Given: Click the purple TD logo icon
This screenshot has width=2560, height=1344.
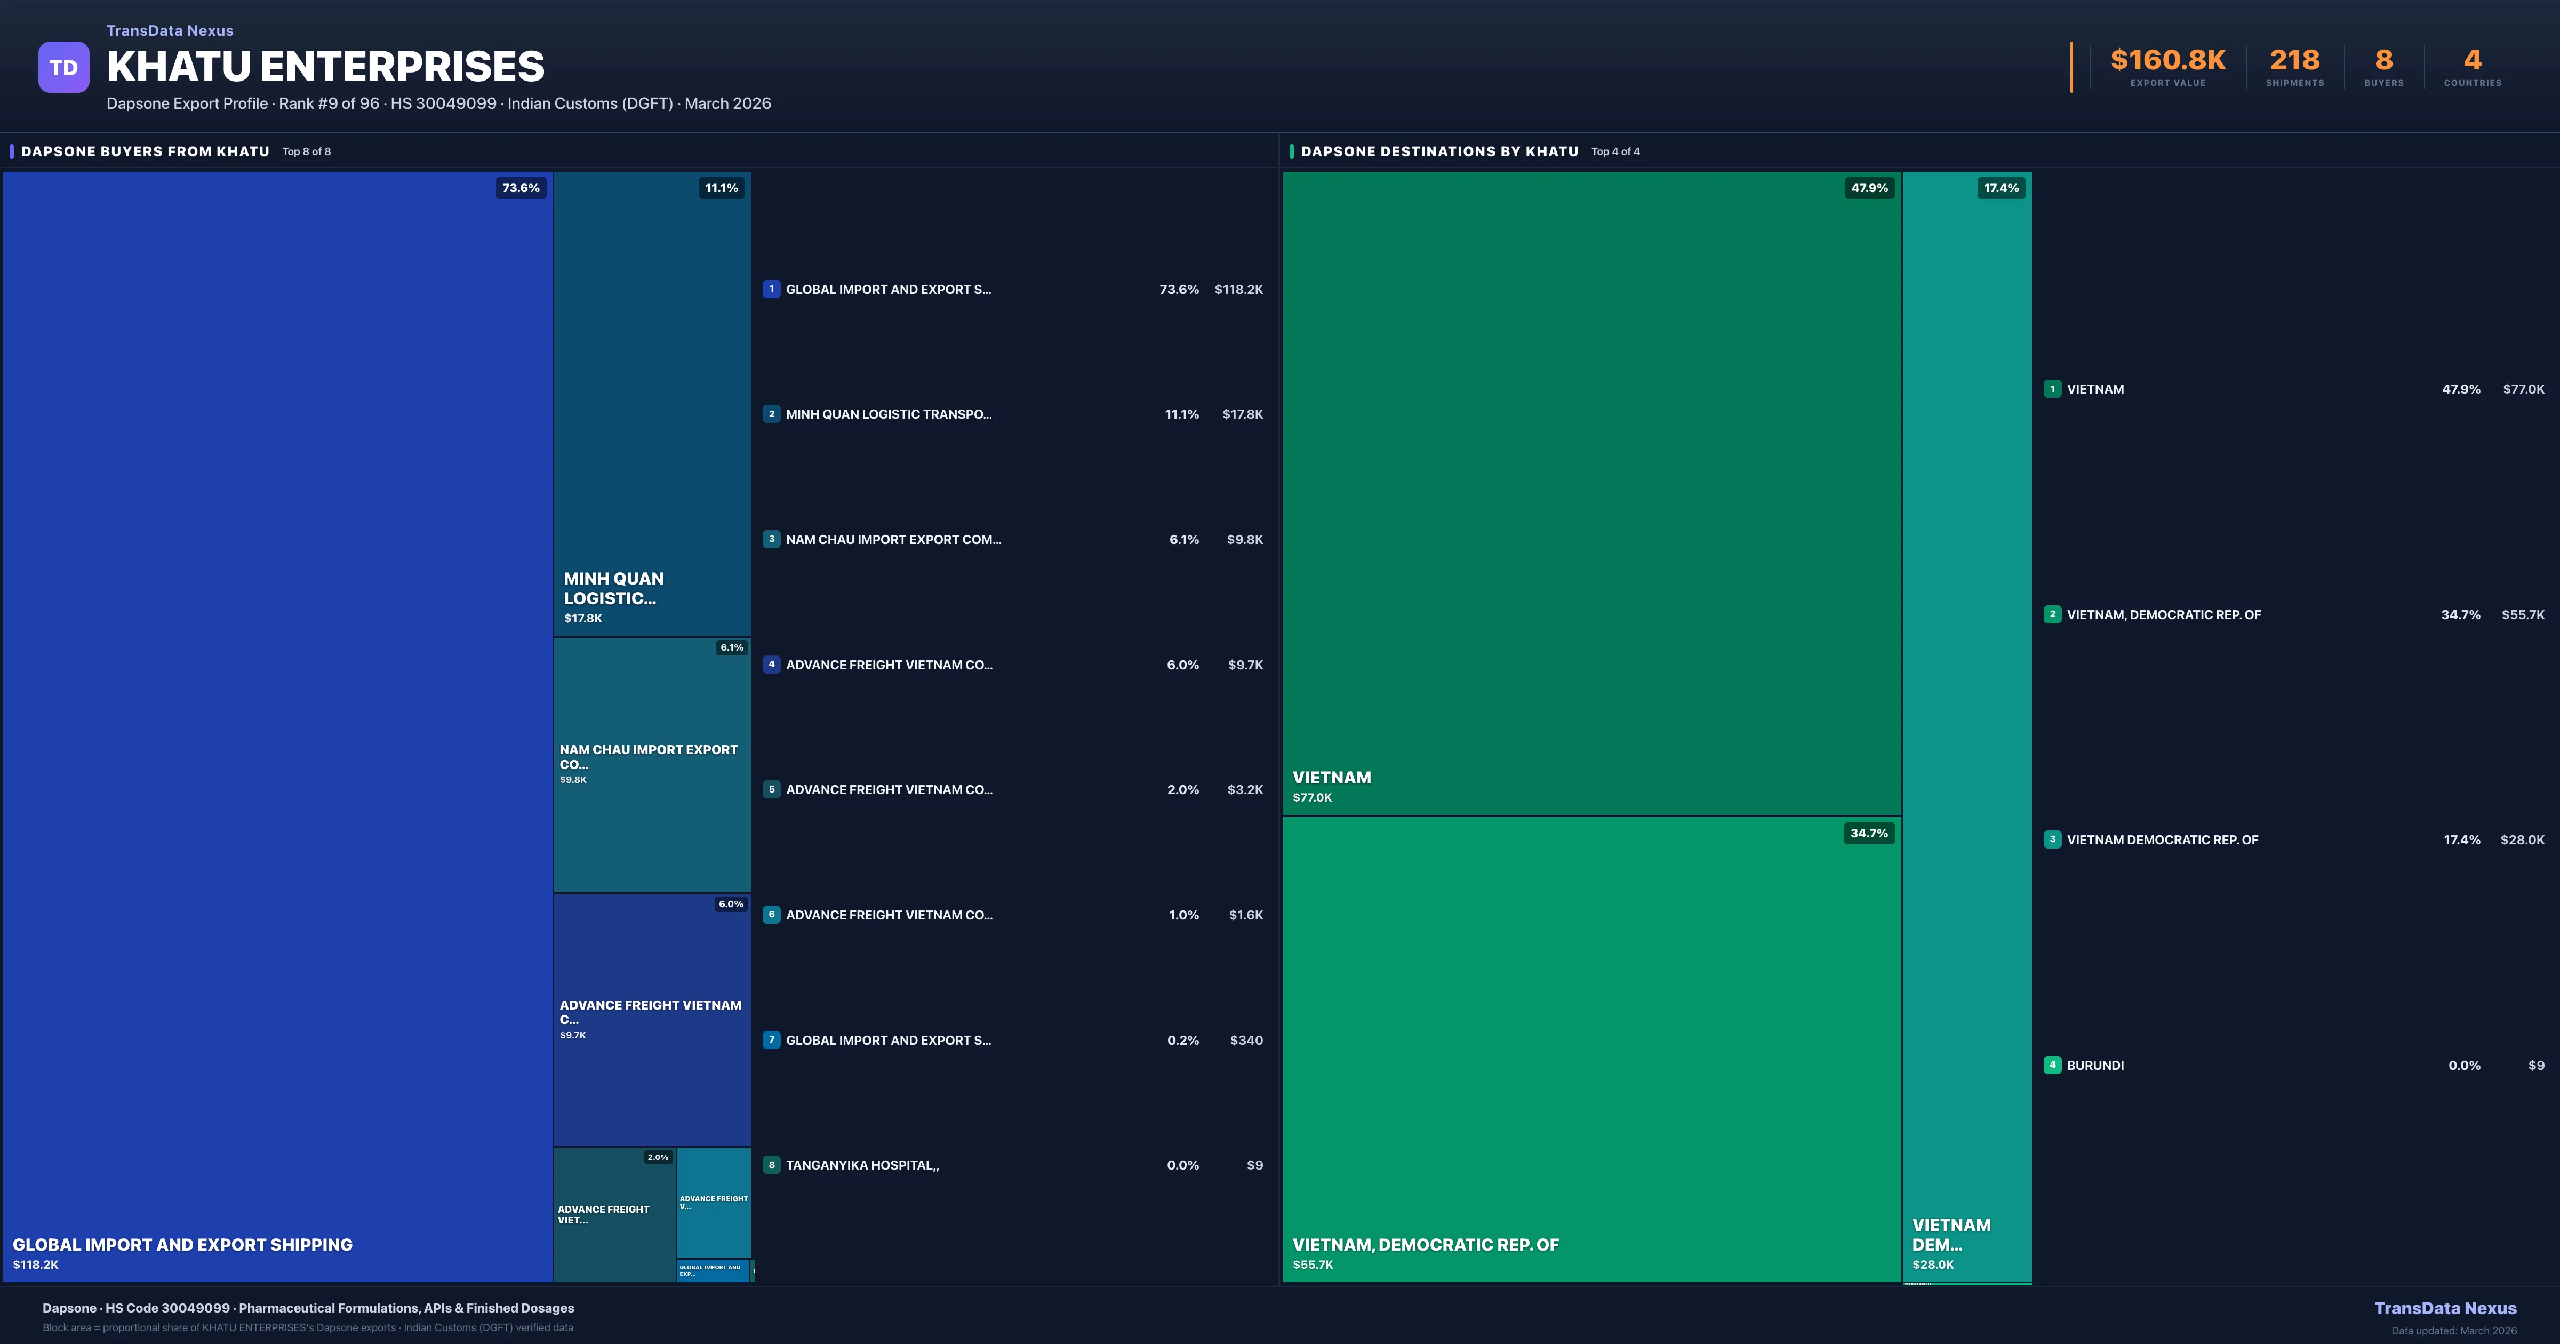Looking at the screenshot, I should [x=63, y=68].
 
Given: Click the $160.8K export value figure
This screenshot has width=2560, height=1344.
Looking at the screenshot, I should [x=2167, y=61].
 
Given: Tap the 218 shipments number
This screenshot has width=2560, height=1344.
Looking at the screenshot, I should [x=2294, y=61].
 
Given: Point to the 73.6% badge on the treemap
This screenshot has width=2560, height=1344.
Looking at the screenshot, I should [x=521, y=188].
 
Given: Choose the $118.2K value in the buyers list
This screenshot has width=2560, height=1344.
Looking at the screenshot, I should [x=1238, y=289].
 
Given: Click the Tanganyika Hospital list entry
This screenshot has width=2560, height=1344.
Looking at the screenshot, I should [x=862, y=1165].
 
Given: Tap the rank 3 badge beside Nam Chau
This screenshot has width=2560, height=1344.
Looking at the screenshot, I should [x=771, y=539].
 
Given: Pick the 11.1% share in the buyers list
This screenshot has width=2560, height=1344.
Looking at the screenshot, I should [x=1182, y=414].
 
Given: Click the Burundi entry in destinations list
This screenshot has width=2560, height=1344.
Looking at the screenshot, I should [x=2095, y=1065].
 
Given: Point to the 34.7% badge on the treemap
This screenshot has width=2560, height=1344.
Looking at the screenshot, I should [x=1868, y=833].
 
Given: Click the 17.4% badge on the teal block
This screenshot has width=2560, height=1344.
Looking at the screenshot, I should [x=2001, y=188].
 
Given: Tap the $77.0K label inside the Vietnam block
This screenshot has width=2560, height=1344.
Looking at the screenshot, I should [x=1312, y=797].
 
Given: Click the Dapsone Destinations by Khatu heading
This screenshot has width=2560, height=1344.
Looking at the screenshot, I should [x=1439, y=151].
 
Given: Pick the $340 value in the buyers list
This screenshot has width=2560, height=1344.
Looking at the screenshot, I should [x=1246, y=1040].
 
